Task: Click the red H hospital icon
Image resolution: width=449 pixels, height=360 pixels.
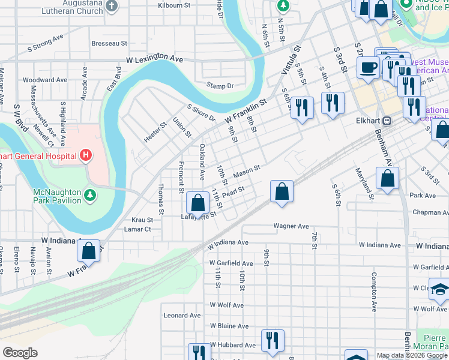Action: (x=86, y=156)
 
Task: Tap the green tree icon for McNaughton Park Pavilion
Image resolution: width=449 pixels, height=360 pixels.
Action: (x=89, y=194)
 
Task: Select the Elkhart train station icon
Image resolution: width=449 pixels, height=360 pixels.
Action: (x=387, y=120)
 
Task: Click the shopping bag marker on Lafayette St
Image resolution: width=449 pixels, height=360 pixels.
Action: (x=197, y=203)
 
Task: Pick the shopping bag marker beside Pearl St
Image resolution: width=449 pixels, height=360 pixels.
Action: (x=282, y=192)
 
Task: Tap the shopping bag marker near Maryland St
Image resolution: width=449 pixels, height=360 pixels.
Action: (x=388, y=178)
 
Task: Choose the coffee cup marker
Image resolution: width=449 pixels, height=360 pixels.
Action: (x=368, y=67)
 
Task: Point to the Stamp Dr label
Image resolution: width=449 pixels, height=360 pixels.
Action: (x=220, y=86)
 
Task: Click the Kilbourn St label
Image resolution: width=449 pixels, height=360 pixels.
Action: (x=173, y=5)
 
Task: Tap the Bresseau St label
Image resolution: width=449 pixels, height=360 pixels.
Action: (x=109, y=43)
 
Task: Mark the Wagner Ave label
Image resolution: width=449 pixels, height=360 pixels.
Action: (x=291, y=226)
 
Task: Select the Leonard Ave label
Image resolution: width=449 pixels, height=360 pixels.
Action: (x=182, y=315)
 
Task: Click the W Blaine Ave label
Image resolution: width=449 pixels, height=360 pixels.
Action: (x=229, y=326)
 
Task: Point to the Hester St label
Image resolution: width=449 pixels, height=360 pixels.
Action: (x=155, y=131)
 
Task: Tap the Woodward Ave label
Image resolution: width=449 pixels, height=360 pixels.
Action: (x=44, y=80)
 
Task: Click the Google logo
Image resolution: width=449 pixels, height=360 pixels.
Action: (x=20, y=353)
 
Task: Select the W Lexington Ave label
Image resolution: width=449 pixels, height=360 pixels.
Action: (x=154, y=60)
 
